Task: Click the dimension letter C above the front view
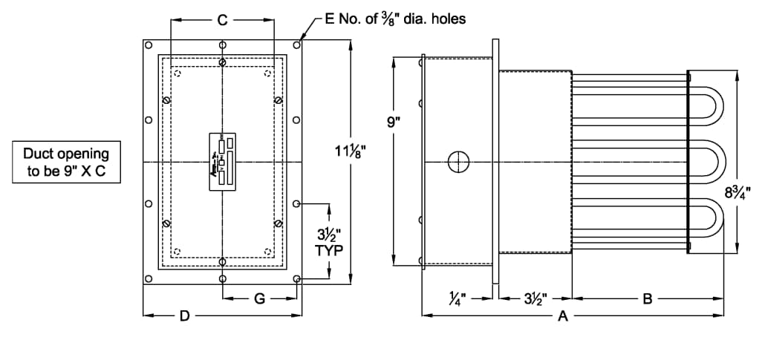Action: [222, 20]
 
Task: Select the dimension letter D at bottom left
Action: [184, 316]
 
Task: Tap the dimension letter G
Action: [259, 299]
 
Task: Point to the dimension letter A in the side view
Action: [562, 316]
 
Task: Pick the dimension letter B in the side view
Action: [647, 299]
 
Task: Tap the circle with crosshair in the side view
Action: [458, 161]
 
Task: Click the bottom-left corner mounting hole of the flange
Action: [149, 278]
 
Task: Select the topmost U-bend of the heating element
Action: [709, 105]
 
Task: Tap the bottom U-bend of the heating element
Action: [709, 222]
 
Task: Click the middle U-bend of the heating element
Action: [709, 163]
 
